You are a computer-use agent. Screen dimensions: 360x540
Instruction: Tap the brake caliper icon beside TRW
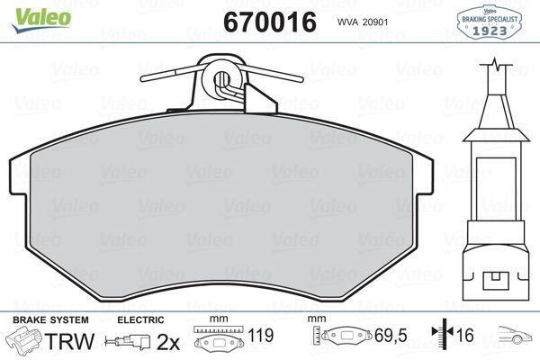pos(23,342)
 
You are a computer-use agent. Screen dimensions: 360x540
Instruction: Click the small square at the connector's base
pos(494,277)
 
